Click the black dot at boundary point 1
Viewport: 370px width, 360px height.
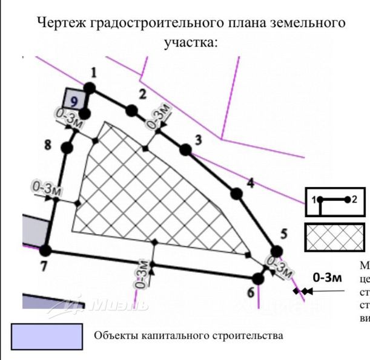click(x=89, y=88)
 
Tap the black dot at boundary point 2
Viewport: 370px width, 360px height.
click(x=131, y=110)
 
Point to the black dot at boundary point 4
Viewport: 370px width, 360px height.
click(x=236, y=194)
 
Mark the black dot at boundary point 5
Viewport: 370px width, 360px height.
click(x=277, y=251)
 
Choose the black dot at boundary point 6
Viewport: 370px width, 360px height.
click(x=258, y=278)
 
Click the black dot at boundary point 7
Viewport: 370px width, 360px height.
click(x=45, y=250)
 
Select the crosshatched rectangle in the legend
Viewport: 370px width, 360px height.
click(x=335, y=236)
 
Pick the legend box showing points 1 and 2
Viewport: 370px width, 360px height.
click(x=335, y=200)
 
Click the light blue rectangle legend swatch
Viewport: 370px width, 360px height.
click(x=47, y=336)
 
